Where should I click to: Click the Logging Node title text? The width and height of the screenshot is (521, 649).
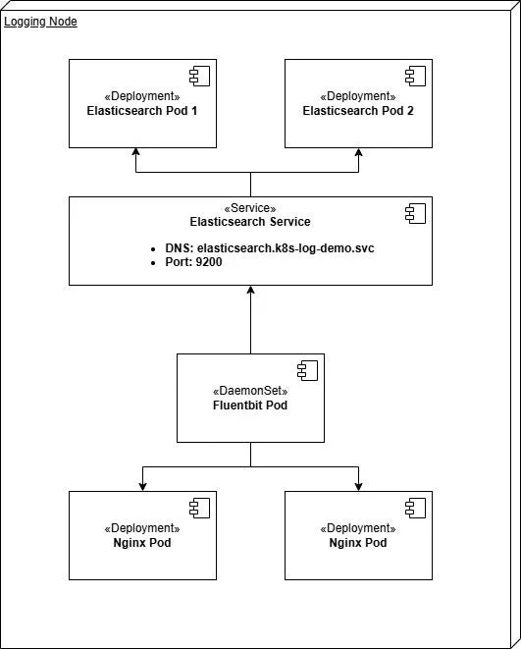[41, 22]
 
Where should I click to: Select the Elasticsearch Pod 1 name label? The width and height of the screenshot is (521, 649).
[141, 111]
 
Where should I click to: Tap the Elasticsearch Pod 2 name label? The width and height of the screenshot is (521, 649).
[357, 111]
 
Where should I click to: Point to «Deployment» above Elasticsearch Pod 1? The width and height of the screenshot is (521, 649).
[141, 96]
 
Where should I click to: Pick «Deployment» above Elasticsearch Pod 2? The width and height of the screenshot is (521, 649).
[357, 96]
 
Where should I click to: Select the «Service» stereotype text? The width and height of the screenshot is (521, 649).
[250, 208]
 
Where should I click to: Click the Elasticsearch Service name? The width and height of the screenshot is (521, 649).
[250, 222]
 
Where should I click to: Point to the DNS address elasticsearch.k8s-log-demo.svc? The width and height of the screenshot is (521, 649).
[286, 248]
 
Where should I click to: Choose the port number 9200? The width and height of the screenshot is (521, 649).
[209, 263]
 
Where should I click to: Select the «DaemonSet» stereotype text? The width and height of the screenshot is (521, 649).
[250, 391]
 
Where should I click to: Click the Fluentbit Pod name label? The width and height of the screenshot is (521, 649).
[250, 406]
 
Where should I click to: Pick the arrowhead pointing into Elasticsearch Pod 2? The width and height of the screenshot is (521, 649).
[358, 153]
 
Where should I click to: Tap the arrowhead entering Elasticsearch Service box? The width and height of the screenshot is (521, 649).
[250, 291]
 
